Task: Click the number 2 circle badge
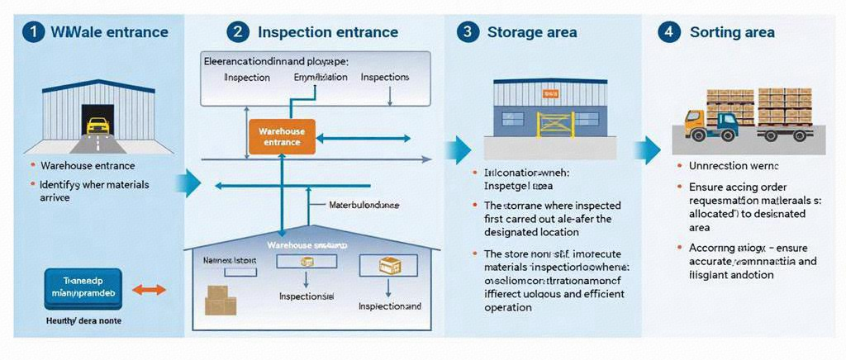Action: (238, 32)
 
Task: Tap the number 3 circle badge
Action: (468, 32)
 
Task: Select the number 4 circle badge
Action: (668, 32)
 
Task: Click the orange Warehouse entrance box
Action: (282, 137)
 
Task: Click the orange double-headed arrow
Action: (150, 290)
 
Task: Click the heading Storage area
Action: (532, 32)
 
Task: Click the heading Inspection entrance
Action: (328, 32)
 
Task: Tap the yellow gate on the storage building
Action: (554, 124)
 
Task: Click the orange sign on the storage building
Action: (546, 93)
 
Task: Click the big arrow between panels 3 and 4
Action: (649, 150)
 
